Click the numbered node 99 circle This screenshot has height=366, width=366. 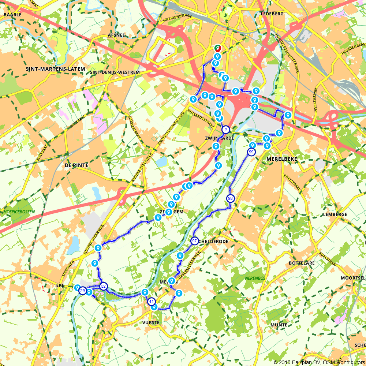point(251,152)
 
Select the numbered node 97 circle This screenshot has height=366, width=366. point(194,241)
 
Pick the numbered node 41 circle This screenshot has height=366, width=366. point(152,302)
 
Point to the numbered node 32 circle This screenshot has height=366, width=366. point(104,286)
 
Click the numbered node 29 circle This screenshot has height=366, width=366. point(82,291)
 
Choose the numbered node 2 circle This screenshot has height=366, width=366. point(226,129)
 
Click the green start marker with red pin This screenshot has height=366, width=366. point(217,48)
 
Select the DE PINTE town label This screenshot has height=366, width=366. point(76,165)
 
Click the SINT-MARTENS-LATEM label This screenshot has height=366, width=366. point(56,69)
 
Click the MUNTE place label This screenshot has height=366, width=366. point(279,325)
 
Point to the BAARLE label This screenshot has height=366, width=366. point(12,15)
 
